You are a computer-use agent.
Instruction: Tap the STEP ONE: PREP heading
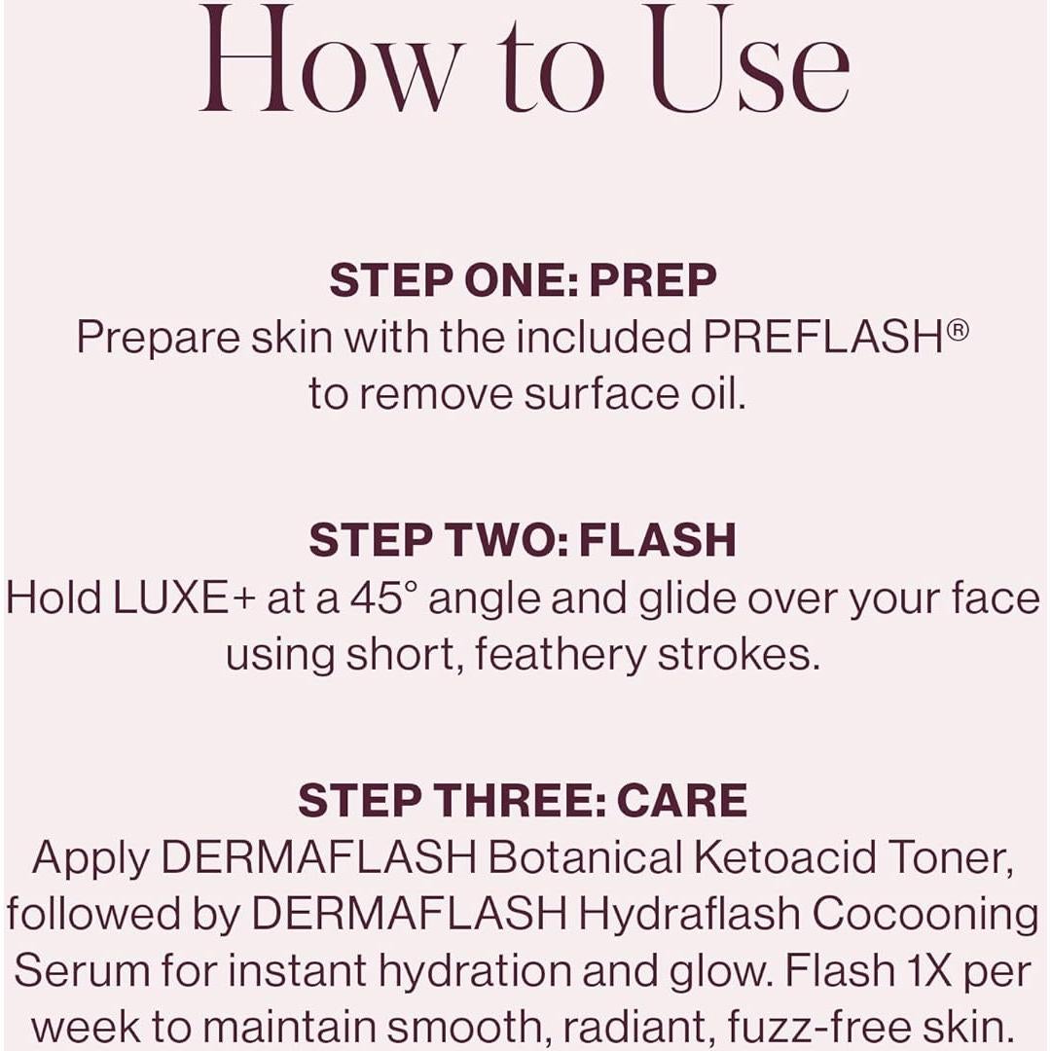tap(523, 280)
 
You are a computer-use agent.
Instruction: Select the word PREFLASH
tap(822, 338)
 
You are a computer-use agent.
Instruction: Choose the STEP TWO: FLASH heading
tap(523, 540)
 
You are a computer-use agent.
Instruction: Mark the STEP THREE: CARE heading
tap(523, 800)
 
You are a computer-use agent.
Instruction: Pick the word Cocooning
tap(925, 914)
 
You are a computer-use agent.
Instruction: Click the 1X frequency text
tap(927, 970)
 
